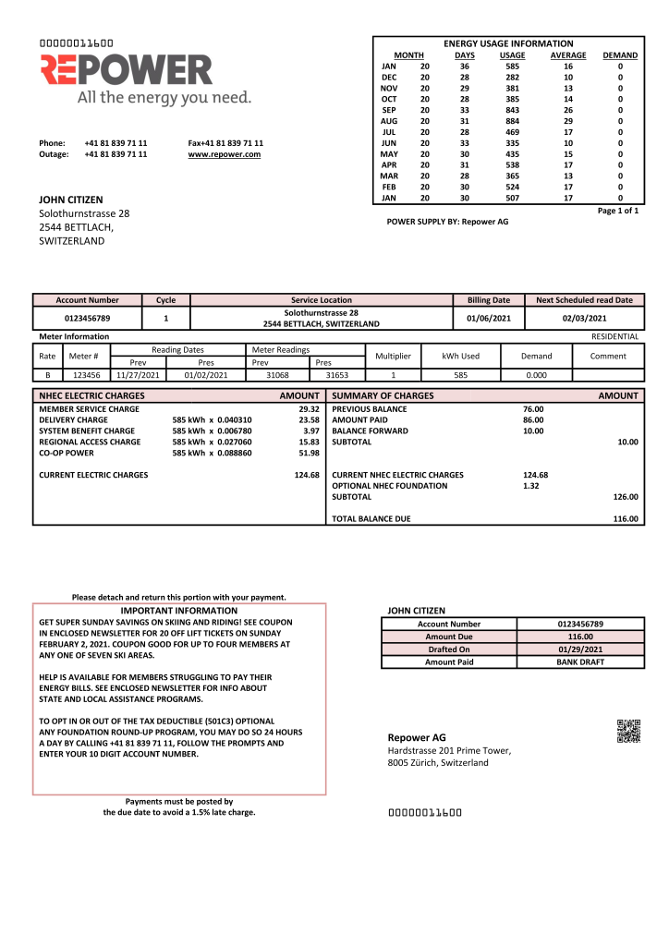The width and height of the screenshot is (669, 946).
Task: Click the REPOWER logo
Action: (127, 71)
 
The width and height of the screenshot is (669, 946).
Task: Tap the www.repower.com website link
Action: (224, 154)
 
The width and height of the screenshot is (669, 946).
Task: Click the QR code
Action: (628, 731)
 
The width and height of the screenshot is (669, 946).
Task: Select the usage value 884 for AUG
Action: (512, 120)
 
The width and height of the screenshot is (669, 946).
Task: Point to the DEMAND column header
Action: (620, 55)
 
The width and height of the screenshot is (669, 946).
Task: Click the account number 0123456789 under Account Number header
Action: (87, 319)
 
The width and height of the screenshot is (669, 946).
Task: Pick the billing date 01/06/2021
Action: (489, 319)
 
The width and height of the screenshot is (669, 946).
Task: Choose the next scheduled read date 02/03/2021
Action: (584, 319)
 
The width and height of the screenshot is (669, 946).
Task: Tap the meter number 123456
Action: (87, 375)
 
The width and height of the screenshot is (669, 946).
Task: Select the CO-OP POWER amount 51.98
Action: (309, 453)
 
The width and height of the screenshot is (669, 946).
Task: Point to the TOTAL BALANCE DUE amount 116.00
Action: (626, 519)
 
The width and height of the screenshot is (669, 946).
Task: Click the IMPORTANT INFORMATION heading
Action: (179, 611)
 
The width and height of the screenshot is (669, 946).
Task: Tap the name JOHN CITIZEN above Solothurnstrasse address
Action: (71, 200)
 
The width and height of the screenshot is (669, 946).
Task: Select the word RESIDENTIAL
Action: (614, 336)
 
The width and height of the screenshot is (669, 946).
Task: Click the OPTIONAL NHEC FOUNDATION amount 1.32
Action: (530, 486)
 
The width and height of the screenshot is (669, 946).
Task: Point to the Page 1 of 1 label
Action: (618, 211)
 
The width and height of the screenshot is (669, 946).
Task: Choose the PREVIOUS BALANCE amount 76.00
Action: (533, 408)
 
